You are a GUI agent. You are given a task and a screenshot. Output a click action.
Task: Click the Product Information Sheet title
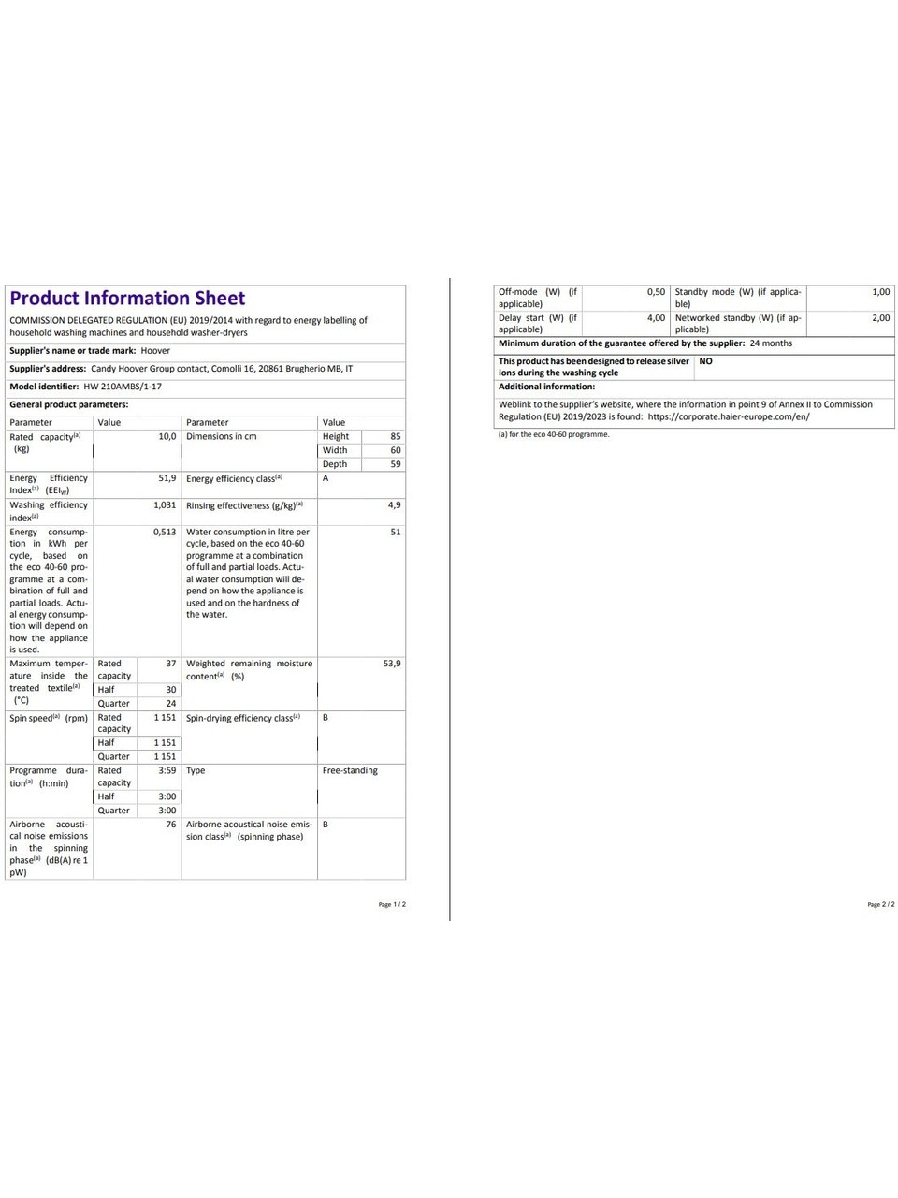click(127, 299)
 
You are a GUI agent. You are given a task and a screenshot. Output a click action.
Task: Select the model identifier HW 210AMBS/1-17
click(123, 387)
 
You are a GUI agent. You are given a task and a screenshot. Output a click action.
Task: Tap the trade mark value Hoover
click(155, 351)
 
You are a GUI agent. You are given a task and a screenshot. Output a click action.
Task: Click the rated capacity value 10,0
click(167, 437)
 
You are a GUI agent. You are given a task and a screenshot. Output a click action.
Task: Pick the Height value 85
click(395, 437)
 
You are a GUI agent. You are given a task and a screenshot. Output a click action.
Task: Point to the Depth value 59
click(395, 464)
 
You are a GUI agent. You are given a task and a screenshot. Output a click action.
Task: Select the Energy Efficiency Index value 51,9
click(167, 478)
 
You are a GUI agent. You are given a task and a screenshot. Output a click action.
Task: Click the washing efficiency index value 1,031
click(165, 505)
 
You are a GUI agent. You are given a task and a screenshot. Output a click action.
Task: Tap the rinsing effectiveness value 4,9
click(394, 505)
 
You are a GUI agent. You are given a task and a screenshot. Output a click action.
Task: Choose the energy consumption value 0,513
click(165, 533)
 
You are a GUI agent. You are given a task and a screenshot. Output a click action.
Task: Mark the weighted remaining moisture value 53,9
click(391, 664)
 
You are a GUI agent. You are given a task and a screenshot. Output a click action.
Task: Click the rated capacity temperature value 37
click(170, 664)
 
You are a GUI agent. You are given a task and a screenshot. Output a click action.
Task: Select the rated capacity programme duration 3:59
click(167, 771)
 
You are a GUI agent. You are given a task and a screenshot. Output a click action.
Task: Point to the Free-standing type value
click(350, 771)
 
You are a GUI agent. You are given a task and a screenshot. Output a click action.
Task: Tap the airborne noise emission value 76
click(170, 825)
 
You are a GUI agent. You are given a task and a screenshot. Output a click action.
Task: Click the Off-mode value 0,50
click(656, 292)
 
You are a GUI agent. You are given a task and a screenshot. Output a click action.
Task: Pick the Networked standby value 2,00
click(880, 318)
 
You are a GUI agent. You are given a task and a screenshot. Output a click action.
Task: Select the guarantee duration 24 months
click(771, 343)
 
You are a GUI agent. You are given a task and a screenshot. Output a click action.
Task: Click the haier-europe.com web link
click(729, 417)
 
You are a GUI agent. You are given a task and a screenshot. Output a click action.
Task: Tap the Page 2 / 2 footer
click(880, 905)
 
